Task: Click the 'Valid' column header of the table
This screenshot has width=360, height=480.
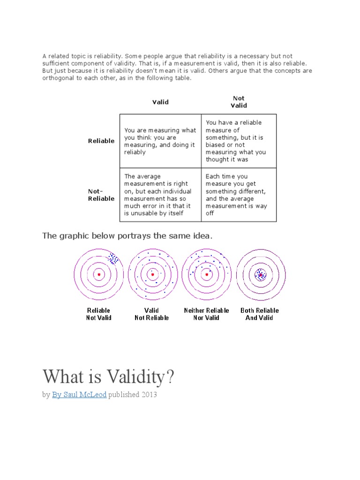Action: (x=160, y=102)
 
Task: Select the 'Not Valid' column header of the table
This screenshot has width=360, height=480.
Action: (x=239, y=102)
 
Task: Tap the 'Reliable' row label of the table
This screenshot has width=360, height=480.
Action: (x=101, y=141)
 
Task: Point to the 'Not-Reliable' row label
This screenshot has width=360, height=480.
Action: (x=101, y=195)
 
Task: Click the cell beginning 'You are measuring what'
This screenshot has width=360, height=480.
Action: (x=160, y=141)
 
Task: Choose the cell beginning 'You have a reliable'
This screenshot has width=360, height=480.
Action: (x=239, y=141)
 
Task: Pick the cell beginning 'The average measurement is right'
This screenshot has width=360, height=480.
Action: (x=160, y=195)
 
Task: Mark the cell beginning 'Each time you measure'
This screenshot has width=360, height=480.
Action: (x=239, y=195)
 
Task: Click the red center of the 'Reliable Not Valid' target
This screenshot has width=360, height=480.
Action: (x=99, y=275)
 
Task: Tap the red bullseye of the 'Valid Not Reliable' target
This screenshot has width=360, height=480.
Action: (x=152, y=275)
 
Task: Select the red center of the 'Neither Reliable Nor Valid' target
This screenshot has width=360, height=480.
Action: (x=206, y=275)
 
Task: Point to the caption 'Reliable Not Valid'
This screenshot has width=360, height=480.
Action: (x=99, y=314)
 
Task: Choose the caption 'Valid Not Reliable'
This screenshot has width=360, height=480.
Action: (x=152, y=314)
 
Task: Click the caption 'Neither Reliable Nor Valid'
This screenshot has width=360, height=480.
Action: (x=206, y=314)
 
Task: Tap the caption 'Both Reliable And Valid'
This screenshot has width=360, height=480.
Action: (x=259, y=314)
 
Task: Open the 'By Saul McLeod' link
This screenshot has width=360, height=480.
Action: (x=79, y=395)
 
